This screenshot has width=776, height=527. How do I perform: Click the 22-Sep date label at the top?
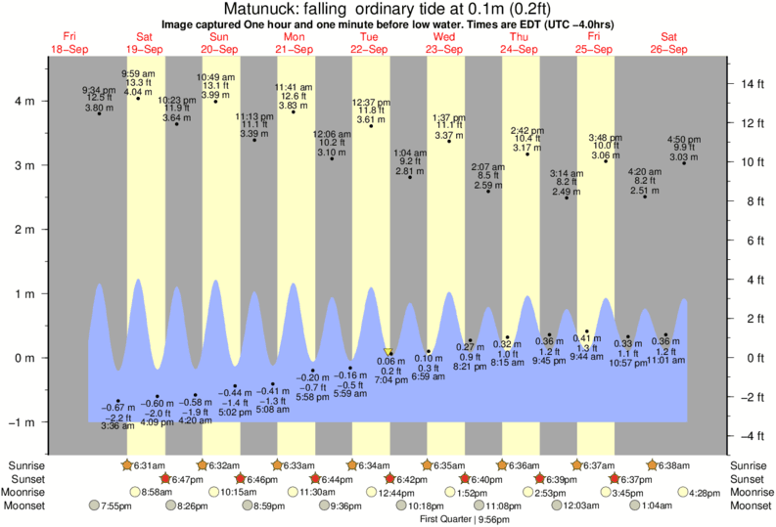(x=370, y=49)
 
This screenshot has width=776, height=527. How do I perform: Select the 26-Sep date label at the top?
(x=669, y=49)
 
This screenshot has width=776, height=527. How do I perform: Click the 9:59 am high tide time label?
(x=138, y=74)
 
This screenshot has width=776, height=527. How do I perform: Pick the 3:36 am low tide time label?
(x=117, y=426)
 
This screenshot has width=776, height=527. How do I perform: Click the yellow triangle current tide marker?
(x=388, y=351)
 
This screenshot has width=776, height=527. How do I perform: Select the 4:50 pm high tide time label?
(x=683, y=139)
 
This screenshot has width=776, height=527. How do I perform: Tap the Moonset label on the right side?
(x=749, y=505)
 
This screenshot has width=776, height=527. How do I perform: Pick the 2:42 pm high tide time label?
(x=526, y=130)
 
